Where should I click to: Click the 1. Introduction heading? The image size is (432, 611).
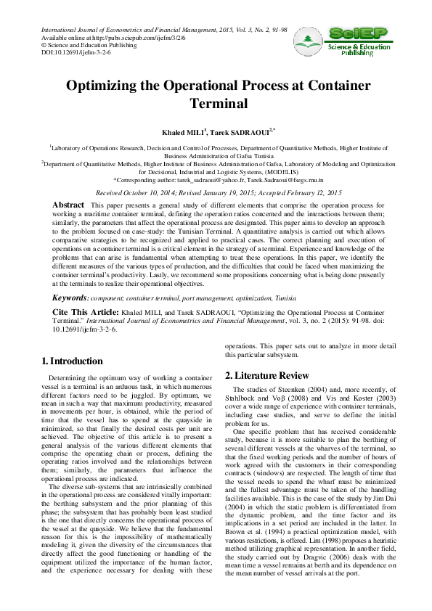(x=72, y=361)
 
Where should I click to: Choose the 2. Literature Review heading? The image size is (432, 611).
(x=266, y=375)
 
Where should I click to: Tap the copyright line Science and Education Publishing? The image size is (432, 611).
(x=78, y=45)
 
